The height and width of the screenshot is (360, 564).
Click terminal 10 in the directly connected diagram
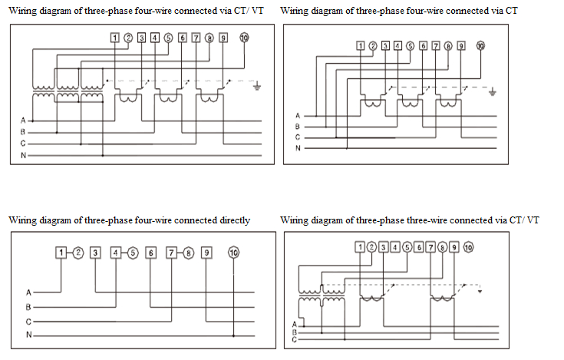(233, 253)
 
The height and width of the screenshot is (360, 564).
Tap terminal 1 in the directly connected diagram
(61, 253)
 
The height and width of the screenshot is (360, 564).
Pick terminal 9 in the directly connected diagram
(206, 253)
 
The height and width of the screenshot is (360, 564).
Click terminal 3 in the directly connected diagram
(94, 253)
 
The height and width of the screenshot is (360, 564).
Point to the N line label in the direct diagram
(28, 335)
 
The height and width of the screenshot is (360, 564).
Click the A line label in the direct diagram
(28, 292)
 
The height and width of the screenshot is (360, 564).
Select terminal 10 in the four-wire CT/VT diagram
(245, 38)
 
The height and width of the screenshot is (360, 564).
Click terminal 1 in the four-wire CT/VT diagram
(114, 38)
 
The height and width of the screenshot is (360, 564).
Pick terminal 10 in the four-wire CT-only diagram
(481, 45)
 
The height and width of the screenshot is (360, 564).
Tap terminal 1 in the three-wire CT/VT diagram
(359, 246)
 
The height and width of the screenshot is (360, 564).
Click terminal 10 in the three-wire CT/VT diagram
(468, 246)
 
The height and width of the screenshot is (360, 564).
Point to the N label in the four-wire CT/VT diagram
(23, 156)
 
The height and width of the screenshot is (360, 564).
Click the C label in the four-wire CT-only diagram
(297, 137)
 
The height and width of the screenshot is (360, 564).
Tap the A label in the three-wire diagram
(294, 325)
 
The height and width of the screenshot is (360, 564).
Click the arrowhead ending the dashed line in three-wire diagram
(480, 292)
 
